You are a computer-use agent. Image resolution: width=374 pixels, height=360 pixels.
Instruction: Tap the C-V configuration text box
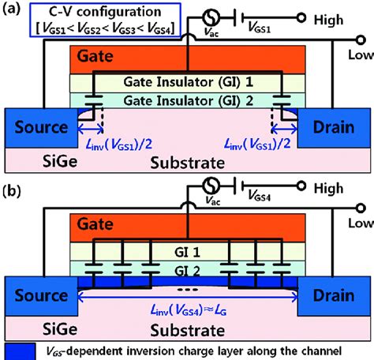click(94, 21)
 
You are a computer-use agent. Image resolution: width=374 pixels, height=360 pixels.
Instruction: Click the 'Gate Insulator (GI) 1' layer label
click(187, 83)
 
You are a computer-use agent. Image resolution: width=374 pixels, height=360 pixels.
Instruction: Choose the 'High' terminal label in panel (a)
click(346, 17)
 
